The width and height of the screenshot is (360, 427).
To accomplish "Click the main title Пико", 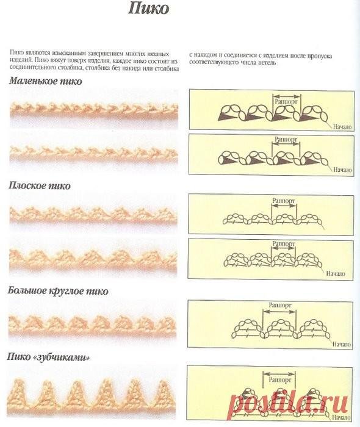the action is pyautogui.click(x=149, y=9).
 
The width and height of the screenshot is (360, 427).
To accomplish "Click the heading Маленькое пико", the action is pyautogui.click(x=46, y=81).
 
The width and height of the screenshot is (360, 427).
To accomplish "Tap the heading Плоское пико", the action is pyautogui.click(x=40, y=185).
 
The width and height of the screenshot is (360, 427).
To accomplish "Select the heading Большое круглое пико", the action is pyautogui.click(x=58, y=291).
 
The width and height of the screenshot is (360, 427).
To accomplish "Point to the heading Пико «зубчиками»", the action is pyautogui.click(x=48, y=357).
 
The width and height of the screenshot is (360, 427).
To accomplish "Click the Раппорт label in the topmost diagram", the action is pyautogui.click(x=287, y=102).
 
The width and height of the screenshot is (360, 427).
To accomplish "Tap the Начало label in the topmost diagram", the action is pyautogui.click(x=342, y=127).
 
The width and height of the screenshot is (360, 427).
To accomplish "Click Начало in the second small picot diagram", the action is pyautogui.click(x=342, y=170).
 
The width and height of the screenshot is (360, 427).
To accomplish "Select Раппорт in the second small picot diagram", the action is pyautogui.click(x=286, y=140).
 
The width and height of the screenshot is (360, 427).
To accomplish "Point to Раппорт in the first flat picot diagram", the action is pyautogui.click(x=284, y=201).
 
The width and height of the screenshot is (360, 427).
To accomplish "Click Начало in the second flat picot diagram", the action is pyautogui.click(x=336, y=273).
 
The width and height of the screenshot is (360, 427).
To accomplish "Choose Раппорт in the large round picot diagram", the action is pyautogui.click(x=280, y=305).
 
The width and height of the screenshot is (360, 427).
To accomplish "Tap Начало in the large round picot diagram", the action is pyautogui.click(x=342, y=344).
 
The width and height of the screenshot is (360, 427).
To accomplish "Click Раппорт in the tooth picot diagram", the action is pyautogui.click(x=279, y=379).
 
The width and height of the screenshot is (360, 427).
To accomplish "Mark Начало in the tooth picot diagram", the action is pyautogui.click(x=341, y=417).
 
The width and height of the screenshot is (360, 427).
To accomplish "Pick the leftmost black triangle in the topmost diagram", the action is pyautogui.click(x=228, y=117).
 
